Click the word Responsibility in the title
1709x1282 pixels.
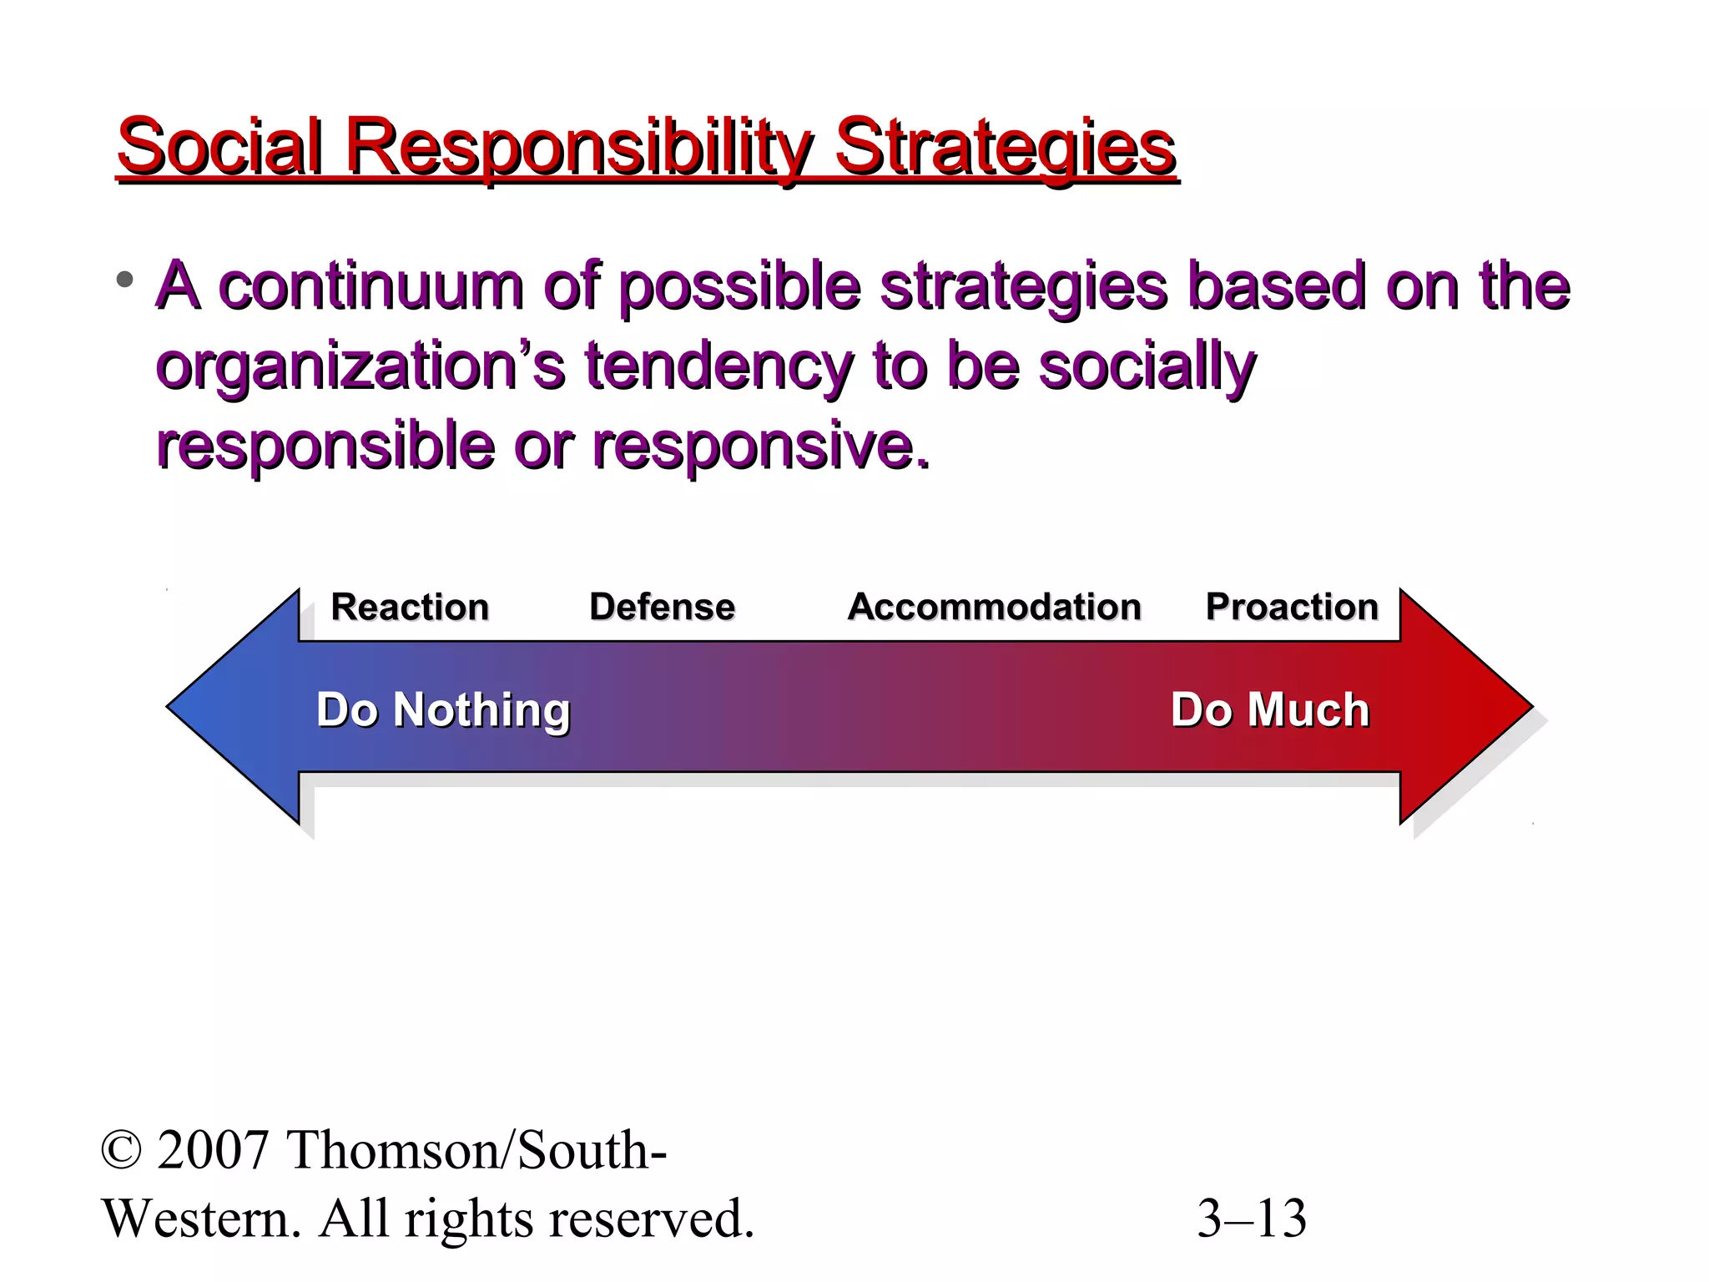[x=578, y=149]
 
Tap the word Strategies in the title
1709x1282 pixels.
[x=1006, y=149]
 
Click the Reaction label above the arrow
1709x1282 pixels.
[x=410, y=607]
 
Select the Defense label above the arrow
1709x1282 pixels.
[x=662, y=607]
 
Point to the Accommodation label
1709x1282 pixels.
[x=994, y=607]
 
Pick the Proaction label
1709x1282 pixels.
[x=1292, y=607]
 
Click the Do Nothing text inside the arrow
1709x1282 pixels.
[x=443, y=710]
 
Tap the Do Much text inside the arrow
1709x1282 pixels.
[x=1269, y=710]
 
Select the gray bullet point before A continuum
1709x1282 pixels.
[x=125, y=280]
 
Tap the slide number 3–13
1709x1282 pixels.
[x=1252, y=1219]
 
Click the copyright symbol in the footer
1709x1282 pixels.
[x=121, y=1150]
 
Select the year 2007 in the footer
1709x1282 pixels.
[x=213, y=1150]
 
